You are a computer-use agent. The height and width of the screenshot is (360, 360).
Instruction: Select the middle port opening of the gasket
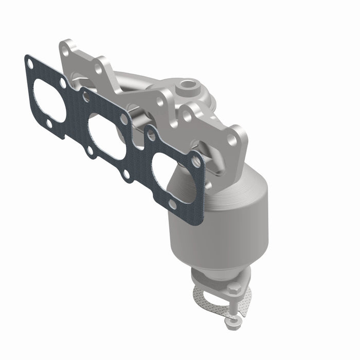pos(107,137)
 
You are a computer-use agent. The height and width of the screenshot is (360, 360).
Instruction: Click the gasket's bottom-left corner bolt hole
pos(47,124)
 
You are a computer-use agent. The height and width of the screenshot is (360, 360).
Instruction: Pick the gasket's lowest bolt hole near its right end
pos(173,205)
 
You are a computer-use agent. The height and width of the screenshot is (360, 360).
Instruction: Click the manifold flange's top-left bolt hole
pos(65,50)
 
